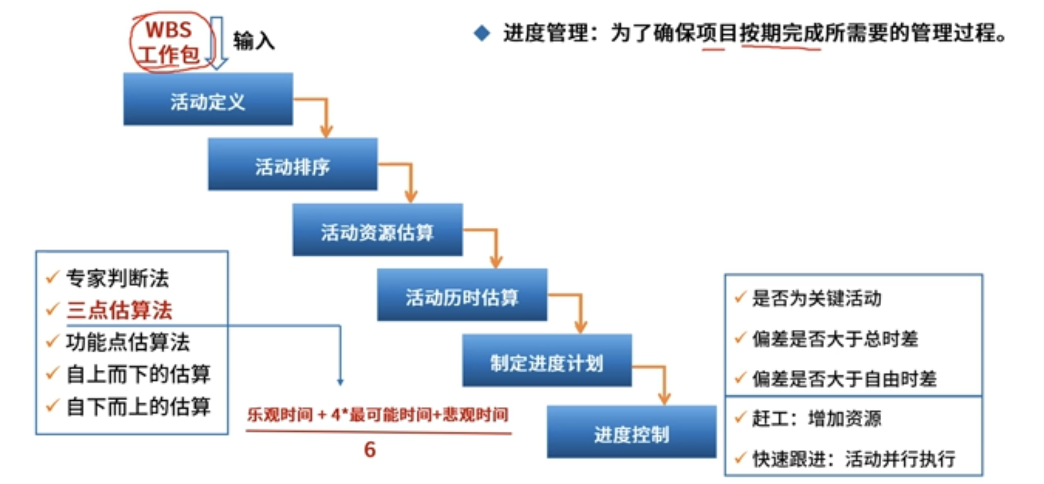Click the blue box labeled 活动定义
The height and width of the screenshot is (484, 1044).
click(x=208, y=99)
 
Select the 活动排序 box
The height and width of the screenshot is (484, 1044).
click(x=293, y=164)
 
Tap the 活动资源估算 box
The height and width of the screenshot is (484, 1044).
click(x=377, y=230)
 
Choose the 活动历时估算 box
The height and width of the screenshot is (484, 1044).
click(x=462, y=295)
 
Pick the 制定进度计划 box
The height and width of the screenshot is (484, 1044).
click(x=547, y=361)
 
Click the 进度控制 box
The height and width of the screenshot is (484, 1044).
click(x=631, y=432)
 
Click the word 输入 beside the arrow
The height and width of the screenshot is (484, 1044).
click(x=254, y=41)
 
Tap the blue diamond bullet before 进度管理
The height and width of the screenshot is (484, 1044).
click(x=482, y=33)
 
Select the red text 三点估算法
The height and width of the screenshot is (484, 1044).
click(x=120, y=310)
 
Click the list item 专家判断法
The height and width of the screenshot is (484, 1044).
click(x=118, y=278)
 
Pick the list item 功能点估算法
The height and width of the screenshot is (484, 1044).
click(x=128, y=342)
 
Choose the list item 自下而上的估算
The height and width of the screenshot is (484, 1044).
click(x=139, y=406)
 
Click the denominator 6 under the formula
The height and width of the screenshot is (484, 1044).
click(x=370, y=450)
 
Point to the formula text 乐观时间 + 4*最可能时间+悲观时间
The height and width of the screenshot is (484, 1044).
click(x=378, y=415)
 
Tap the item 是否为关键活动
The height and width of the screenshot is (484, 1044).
click(x=817, y=298)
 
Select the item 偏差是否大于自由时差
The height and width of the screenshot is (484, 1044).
click(x=845, y=379)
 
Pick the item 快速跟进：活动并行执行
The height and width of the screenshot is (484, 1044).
click(x=854, y=459)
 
